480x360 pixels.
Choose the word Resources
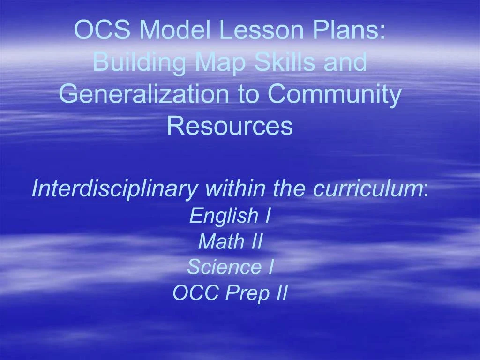(x=230, y=126)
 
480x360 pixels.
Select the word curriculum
(x=367, y=188)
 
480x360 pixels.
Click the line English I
(x=230, y=216)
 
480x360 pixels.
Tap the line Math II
(x=230, y=242)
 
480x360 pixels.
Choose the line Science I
(x=230, y=267)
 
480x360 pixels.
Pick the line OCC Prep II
(x=230, y=293)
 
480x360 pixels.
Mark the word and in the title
(x=347, y=62)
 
